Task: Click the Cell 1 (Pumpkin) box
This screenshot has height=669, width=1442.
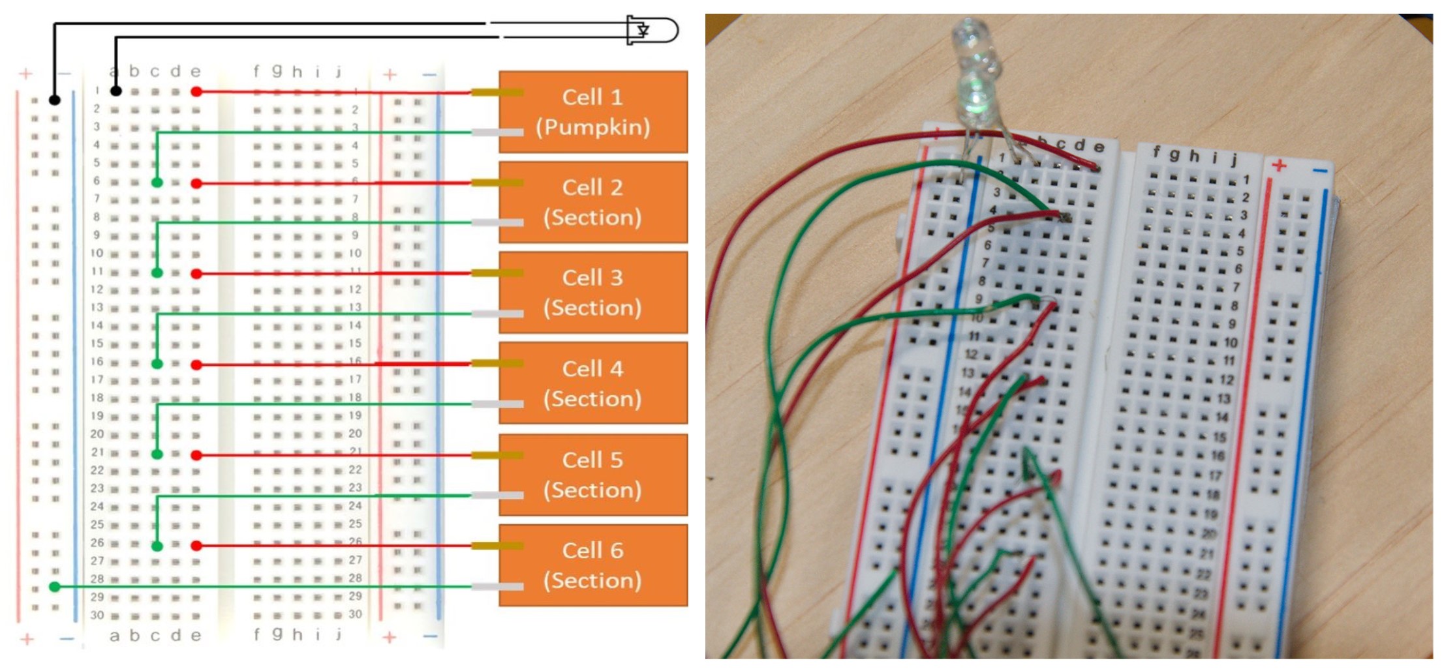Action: pos(593,111)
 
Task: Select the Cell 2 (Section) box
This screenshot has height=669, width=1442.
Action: pos(593,202)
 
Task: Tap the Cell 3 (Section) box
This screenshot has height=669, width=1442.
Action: pos(593,292)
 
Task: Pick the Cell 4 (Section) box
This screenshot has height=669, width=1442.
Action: pos(593,383)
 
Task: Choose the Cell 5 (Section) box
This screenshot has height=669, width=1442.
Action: pos(593,474)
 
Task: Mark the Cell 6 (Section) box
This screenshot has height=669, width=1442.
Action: pos(593,565)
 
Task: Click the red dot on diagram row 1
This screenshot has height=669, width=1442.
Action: pos(196,92)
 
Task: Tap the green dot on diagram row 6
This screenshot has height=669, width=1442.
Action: pos(157,183)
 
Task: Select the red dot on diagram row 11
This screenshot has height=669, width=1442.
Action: pos(196,273)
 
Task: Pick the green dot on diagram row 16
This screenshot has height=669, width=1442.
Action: pos(157,364)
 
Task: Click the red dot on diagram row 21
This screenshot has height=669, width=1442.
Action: pos(196,454)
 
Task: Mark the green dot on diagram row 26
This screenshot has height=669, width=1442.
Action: pos(157,546)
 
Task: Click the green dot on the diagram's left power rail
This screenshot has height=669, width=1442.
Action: pos(55,587)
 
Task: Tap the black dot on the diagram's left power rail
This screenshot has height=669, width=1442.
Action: pos(55,100)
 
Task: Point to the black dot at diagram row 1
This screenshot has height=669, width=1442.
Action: pos(115,91)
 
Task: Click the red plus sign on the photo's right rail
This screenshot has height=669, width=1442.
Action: pos(1279,166)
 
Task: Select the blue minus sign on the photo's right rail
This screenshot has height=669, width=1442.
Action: pos(1319,171)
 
